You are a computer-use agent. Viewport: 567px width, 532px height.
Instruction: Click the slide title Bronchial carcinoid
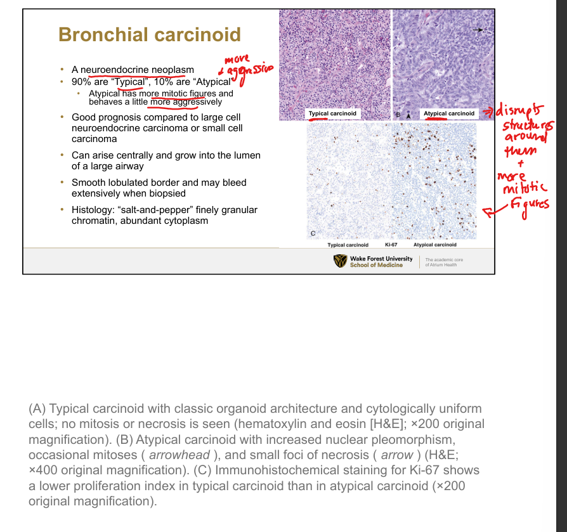click(149, 35)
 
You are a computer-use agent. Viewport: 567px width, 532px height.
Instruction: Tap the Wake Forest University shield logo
click(340, 261)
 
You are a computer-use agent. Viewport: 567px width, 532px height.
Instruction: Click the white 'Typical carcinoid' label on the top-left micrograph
click(332, 114)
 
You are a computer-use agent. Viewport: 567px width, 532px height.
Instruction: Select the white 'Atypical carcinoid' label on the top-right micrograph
click(449, 114)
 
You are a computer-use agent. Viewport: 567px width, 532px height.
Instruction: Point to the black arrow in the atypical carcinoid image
click(478, 30)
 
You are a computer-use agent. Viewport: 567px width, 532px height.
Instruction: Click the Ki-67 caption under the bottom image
click(391, 245)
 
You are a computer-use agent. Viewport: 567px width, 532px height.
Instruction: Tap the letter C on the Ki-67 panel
click(313, 233)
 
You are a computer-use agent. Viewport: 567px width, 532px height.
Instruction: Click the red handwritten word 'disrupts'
click(519, 110)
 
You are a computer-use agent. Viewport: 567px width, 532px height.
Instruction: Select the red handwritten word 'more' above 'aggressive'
click(237, 59)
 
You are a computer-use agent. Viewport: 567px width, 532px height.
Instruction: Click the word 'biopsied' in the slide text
click(168, 193)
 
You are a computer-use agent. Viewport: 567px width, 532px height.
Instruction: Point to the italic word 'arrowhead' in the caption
click(179, 455)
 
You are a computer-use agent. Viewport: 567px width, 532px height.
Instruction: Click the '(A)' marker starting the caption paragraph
click(37, 409)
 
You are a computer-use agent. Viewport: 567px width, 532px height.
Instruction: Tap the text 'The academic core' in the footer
click(444, 259)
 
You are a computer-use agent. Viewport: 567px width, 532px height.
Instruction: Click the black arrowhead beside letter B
click(408, 116)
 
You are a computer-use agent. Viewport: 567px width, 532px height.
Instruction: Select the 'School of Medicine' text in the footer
click(376, 265)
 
